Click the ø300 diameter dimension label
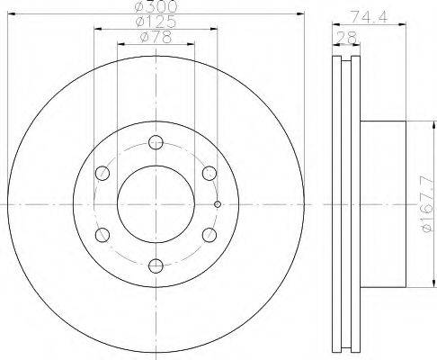(156, 6)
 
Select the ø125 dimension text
(156, 22)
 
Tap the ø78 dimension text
(156, 37)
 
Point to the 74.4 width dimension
(370, 17)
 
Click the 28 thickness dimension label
(346, 38)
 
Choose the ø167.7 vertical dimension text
(428, 204)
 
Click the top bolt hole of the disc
(156, 142)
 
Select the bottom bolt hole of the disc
(156, 265)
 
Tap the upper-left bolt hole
(103, 173)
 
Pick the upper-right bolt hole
(210, 173)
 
